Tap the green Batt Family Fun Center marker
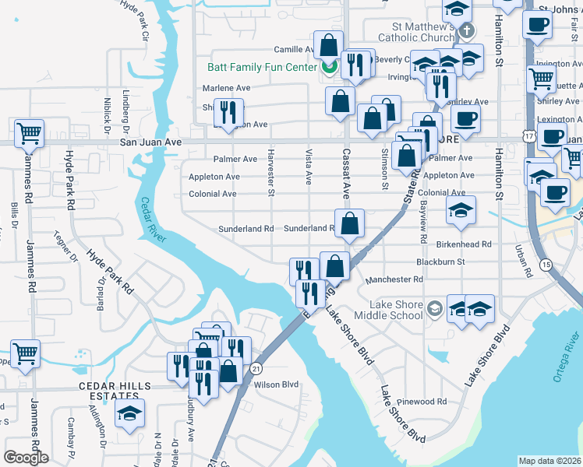(x=328, y=67)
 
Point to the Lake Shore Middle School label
(x=388, y=310)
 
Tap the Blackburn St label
(x=440, y=262)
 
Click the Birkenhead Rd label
(x=465, y=244)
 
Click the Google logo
(x=26, y=457)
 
